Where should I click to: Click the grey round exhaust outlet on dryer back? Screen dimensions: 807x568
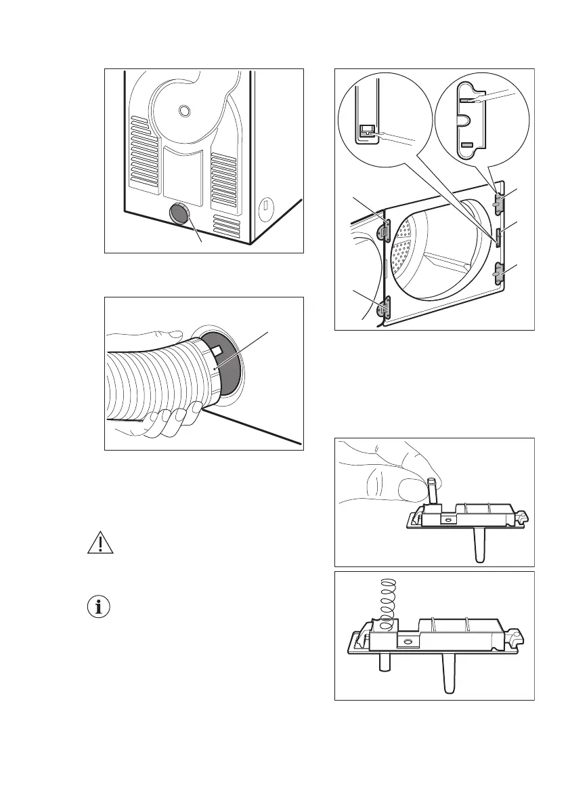point(180,215)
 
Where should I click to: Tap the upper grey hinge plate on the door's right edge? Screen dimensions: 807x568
point(499,203)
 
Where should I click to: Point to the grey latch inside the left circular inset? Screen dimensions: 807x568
point(368,129)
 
